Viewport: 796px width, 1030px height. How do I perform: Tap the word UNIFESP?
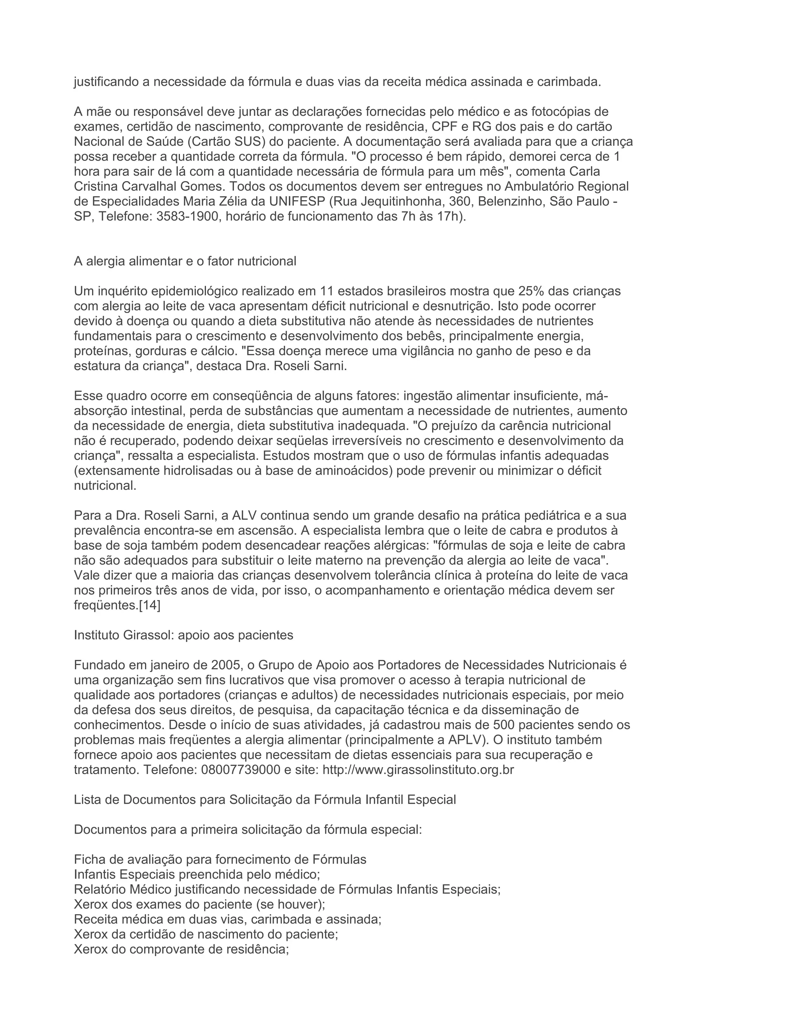pyautogui.click(x=297, y=201)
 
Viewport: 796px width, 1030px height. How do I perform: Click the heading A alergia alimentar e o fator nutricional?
pyautogui.click(x=185, y=261)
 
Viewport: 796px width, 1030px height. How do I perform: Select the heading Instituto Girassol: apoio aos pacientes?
pyautogui.click(x=183, y=635)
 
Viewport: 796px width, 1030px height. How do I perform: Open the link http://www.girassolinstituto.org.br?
pyautogui.click(x=418, y=770)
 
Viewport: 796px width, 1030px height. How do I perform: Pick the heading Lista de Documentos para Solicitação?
pyautogui.click(x=265, y=800)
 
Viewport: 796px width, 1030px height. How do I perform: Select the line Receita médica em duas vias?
pyautogui.click(x=227, y=919)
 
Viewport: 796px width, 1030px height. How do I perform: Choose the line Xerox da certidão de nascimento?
pyautogui.click(x=206, y=934)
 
